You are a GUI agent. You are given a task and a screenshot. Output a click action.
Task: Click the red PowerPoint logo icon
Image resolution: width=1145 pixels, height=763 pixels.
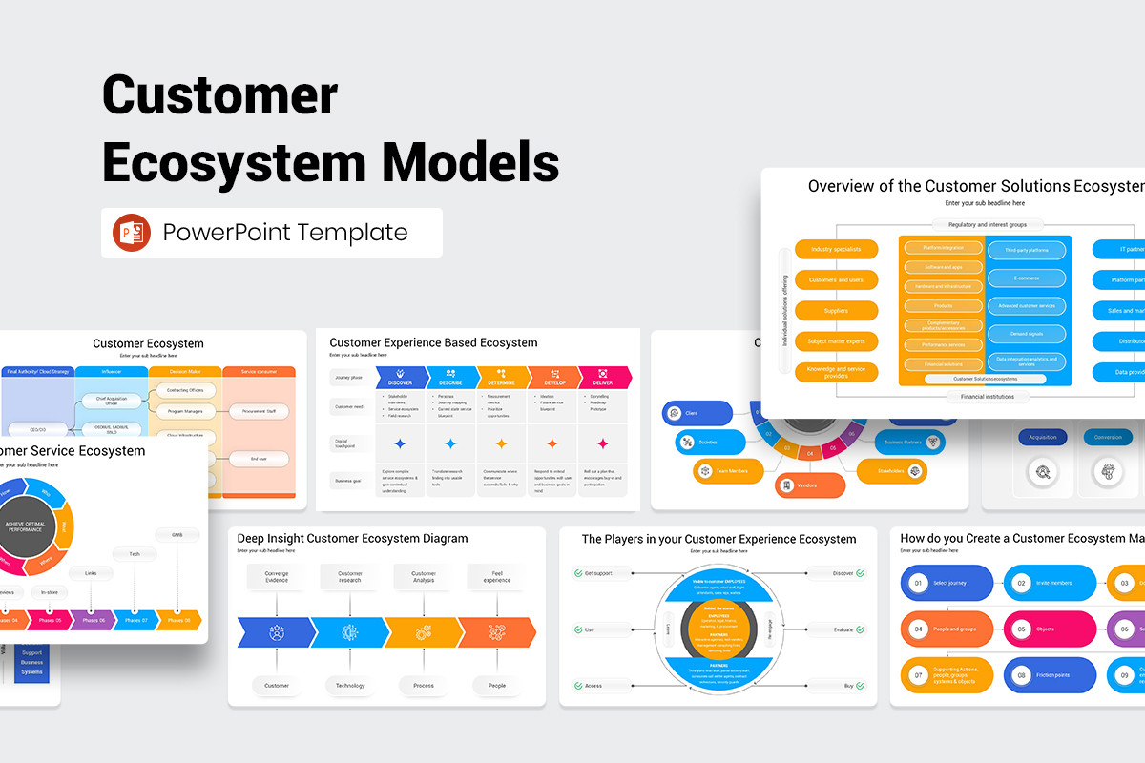(132, 233)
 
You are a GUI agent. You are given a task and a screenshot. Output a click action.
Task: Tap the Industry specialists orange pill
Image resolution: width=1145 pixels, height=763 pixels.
(836, 250)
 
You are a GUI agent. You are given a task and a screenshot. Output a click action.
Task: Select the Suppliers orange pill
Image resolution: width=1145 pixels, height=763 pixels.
(836, 311)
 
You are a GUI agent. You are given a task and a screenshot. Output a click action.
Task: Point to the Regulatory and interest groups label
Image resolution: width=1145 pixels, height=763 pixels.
(987, 225)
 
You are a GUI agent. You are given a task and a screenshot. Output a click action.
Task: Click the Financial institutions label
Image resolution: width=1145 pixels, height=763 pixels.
(987, 395)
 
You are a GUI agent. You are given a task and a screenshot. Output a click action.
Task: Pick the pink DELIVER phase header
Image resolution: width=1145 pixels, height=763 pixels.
(601, 378)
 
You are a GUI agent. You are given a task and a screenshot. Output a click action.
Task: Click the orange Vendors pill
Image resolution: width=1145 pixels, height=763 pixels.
(809, 485)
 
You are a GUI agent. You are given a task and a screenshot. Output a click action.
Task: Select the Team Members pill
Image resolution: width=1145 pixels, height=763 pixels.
(730, 470)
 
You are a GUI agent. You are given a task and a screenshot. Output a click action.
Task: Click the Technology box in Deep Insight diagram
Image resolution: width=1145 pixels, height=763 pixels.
(350, 685)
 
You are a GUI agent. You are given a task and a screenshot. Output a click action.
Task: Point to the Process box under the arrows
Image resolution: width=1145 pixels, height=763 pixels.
(424, 685)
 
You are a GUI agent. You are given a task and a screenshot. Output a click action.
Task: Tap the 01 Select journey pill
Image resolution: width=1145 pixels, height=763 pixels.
(947, 582)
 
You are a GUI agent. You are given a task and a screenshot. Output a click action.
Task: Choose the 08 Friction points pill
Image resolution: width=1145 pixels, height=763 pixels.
(1050, 675)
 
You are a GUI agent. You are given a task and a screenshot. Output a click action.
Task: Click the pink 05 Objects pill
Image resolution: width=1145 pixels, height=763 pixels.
(1050, 629)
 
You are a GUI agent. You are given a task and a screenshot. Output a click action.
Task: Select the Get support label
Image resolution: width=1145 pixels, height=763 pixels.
(595, 573)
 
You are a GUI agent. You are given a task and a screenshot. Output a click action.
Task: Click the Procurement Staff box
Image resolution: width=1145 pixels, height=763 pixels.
(260, 412)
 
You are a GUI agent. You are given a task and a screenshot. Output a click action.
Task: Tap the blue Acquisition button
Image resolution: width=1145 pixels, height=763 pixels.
(1043, 437)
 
